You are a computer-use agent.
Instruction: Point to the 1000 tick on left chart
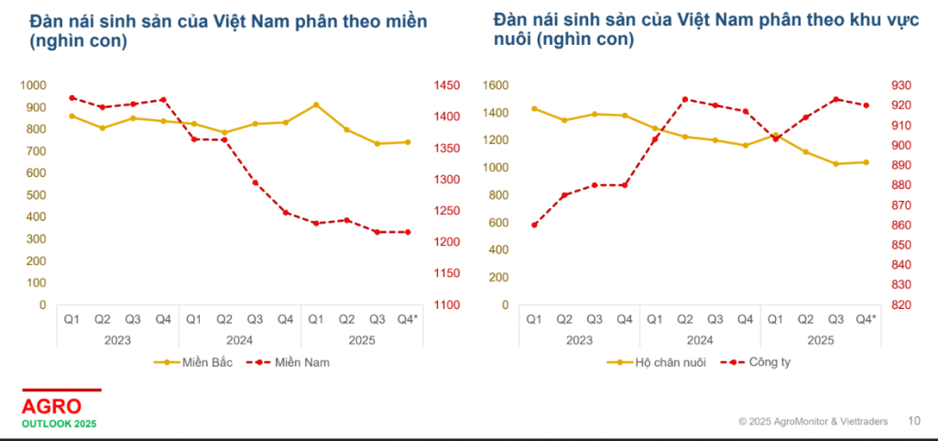click(x=32, y=85)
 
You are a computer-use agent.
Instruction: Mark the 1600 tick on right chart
click(x=495, y=85)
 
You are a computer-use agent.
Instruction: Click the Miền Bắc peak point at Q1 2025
click(x=316, y=105)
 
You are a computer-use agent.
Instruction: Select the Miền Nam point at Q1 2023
click(x=71, y=98)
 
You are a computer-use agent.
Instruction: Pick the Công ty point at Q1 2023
click(x=534, y=225)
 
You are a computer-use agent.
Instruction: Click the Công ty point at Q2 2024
click(x=685, y=99)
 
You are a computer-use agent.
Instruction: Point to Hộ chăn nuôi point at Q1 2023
click(x=534, y=108)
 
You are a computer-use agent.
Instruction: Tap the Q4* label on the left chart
click(x=407, y=319)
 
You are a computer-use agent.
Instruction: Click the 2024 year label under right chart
click(x=700, y=339)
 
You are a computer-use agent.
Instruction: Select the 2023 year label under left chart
click(x=117, y=339)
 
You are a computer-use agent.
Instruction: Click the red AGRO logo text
click(x=51, y=406)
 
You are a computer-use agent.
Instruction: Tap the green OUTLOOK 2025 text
click(x=59, y=424)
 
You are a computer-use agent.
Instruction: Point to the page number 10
click(x=913, y=422)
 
